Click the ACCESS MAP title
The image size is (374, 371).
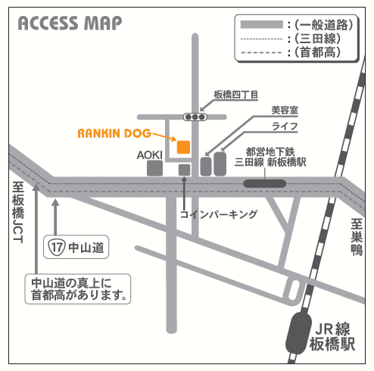[x=69, y=23]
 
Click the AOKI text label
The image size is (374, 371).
[x=150, y=154]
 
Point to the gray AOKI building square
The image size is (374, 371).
[x=154, y=169]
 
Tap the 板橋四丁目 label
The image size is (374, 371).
[x=236, y=95]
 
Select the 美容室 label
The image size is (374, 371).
[x=285, y=111]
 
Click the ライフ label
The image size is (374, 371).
[x=286, y=125]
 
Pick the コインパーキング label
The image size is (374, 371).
[x=219, y=214]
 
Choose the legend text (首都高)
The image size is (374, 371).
[x=313, y=53]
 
